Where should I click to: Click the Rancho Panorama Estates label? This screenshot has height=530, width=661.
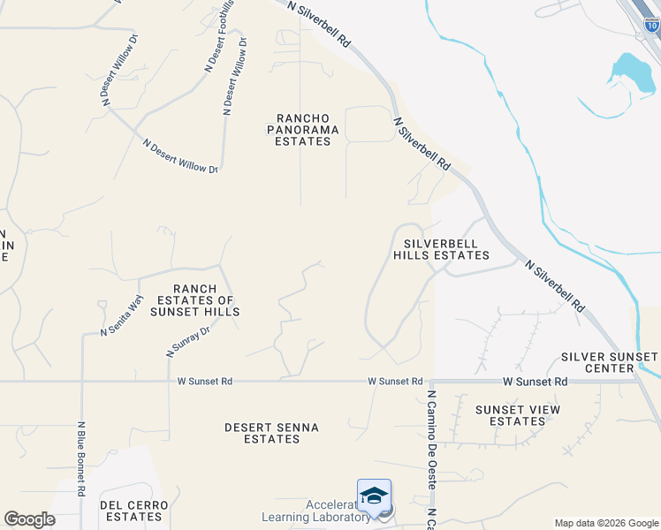(303, 129)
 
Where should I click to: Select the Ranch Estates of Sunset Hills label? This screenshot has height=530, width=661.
(194, 300)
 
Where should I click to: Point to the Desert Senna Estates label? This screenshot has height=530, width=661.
(271, 433)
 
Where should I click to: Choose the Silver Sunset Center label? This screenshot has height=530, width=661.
(610, 362)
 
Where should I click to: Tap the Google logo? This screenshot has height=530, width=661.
(29, 519)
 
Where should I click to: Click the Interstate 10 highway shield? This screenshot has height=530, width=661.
(652, 25)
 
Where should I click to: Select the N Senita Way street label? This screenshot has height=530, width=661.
(122, 314)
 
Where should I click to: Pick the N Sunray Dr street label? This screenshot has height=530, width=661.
(188, 341)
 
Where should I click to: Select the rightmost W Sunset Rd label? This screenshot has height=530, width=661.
(535, 382)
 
